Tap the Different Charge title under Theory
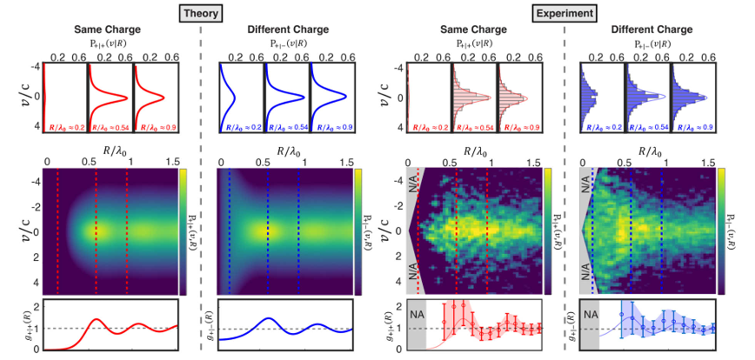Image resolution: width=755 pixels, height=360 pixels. (x=284, y=30)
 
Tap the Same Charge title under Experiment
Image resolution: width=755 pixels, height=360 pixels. (x=473, y=30)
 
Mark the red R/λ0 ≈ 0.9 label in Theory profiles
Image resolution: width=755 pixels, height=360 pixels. (x=153, y=127)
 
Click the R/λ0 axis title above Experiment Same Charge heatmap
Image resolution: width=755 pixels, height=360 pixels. (x=473, y=150)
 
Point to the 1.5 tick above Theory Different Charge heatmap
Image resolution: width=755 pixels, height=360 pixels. (x=345, y=161)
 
